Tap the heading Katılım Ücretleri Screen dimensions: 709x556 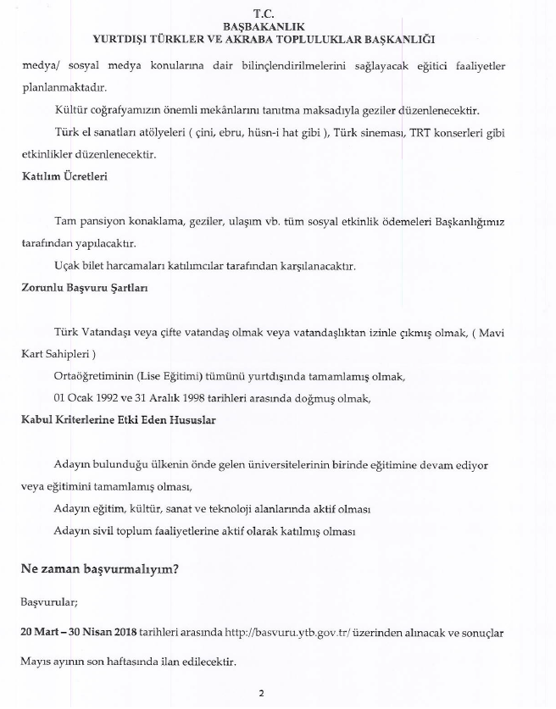pyautogui.click(x=64, y=177)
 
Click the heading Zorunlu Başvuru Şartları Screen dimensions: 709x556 pyautogui.click(x=85, y=287)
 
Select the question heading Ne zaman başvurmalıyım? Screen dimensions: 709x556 pyautogui.click(x=99, y=570)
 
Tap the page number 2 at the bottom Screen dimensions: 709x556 pyautogui.click(x=262, y=694)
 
